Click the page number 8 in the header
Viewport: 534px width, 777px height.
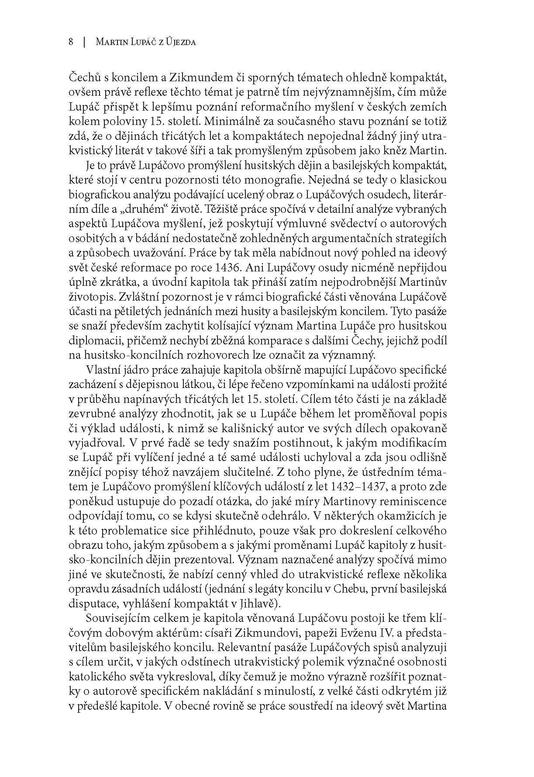tap(71, 42)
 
